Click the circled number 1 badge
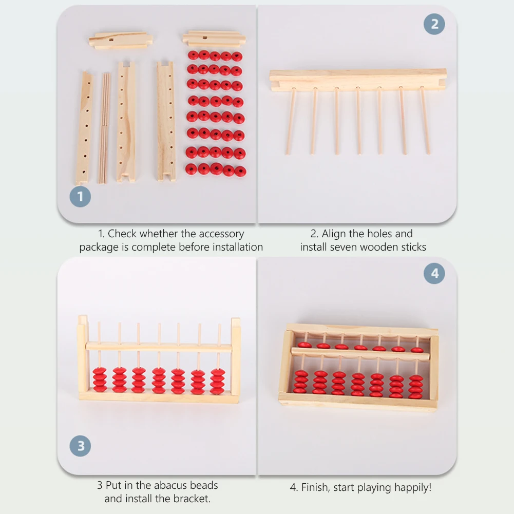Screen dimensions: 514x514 (81, 197)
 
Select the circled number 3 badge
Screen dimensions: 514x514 (81, 446)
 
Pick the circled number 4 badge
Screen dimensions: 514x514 (434, 274)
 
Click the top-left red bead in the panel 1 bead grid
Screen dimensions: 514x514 (193, 55)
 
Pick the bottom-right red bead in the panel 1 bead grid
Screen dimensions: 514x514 (240, 171)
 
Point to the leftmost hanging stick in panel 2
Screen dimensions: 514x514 (290, 121)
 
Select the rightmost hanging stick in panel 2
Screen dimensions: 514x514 (425, 121)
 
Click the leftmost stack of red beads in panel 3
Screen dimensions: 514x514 (100, 379)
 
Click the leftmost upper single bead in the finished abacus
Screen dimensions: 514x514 (304, 345)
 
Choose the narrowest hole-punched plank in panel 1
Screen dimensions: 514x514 (84, 128)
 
